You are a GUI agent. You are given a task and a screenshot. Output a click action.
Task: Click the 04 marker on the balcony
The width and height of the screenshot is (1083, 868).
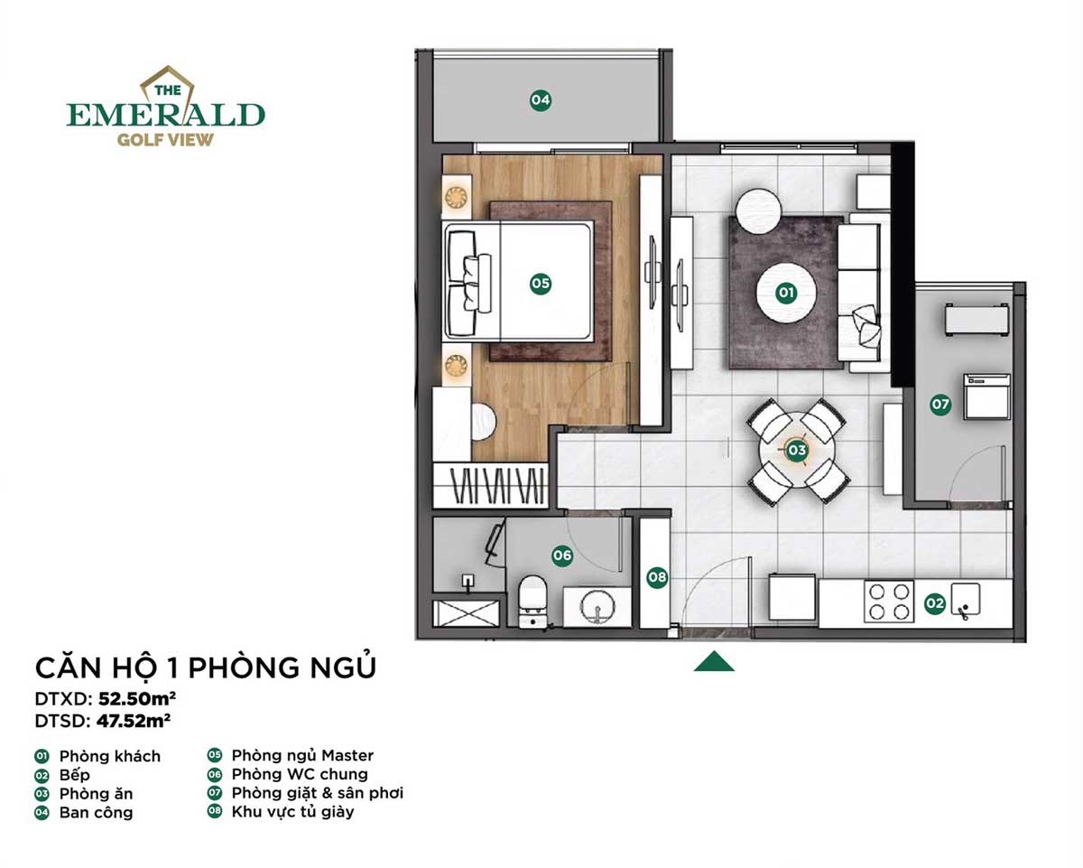pos(540,100)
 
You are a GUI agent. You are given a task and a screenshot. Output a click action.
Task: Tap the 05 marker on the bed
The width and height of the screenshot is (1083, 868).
pos(540,284)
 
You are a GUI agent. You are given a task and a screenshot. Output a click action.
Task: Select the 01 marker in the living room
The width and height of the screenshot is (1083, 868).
pos(785,293)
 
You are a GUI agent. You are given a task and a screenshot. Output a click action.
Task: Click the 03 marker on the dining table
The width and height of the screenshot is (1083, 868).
pos(796,449)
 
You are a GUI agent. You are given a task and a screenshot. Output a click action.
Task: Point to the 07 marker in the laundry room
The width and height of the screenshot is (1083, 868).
pos(940,405)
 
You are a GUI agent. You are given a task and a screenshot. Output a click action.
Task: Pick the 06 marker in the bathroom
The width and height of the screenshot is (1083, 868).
pos(562,555)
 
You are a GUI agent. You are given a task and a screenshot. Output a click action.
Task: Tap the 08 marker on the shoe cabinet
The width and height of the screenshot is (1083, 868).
pos(657,576)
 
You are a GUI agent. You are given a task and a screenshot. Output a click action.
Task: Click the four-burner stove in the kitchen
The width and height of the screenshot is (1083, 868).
pos(889,601)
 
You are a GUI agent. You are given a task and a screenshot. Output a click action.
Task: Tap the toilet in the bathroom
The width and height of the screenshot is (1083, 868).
pos(533,598)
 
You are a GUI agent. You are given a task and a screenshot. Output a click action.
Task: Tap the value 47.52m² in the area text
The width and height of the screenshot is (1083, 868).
pos(134,721)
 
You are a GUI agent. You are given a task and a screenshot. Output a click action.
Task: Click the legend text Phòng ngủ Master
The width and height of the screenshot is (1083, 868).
pos(302,755)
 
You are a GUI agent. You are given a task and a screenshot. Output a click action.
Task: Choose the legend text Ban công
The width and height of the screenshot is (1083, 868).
pos(96,812)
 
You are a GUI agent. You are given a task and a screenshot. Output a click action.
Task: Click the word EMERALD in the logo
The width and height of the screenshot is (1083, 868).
pos(166,115)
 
